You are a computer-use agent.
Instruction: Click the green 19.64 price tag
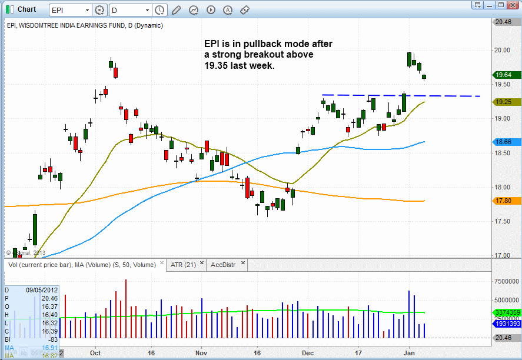pos(507,75)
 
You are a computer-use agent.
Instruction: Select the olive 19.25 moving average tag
pos(507,102)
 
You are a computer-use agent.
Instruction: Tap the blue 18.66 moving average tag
pos(507,142)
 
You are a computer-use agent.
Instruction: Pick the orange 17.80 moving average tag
pos(507,201)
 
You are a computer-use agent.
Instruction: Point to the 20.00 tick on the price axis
pos(503,50)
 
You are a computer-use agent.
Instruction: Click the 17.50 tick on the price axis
pos(503,221)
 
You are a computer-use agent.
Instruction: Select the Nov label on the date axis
pos(201,354)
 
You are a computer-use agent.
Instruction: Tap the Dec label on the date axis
pos(307,354)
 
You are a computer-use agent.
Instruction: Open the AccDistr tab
pos(223,265)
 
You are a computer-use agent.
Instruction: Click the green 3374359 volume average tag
pos(507,312)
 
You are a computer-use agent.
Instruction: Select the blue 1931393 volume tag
pos(507,324)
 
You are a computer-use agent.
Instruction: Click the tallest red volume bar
pos(126,309)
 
